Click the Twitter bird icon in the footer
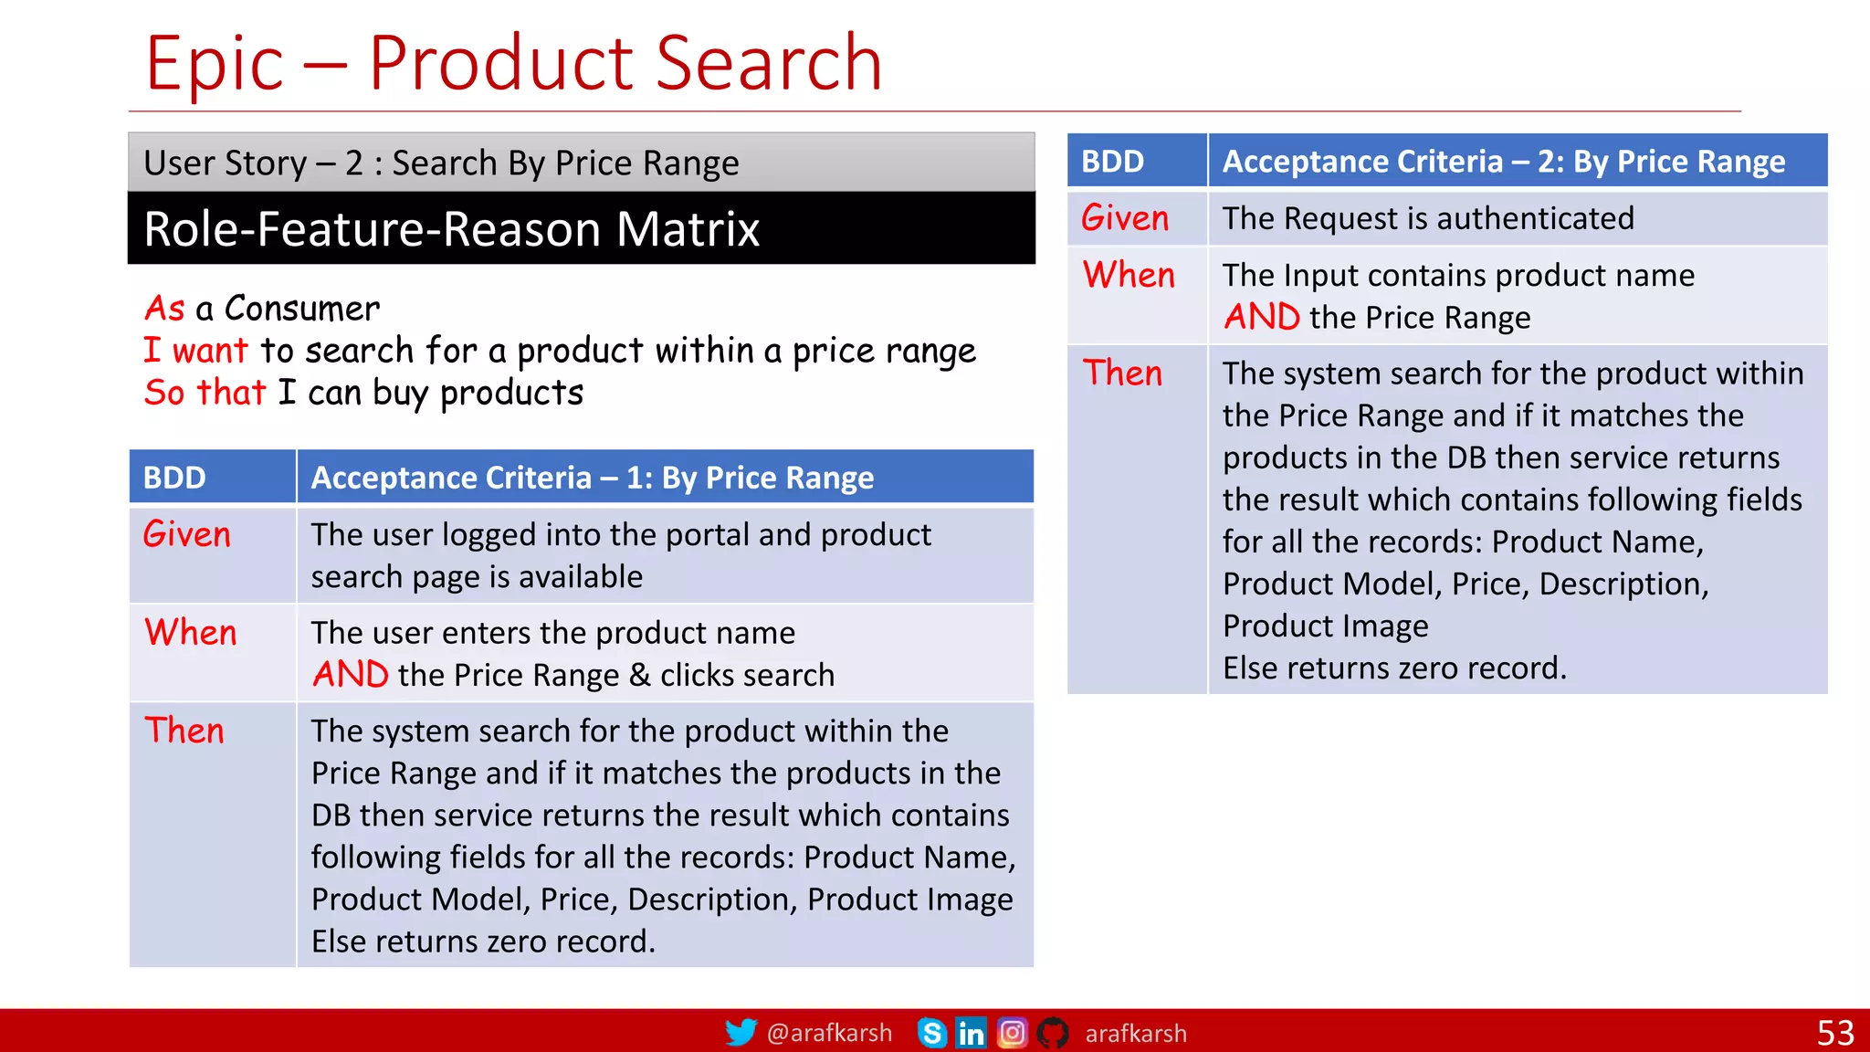point(741,1032)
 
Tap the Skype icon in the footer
point(931,1033)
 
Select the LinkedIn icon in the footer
point(971,1033)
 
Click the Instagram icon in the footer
point(1012,1033)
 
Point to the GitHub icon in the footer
point(1053,1033)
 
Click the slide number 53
point(1835,1033)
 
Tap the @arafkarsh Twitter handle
point(829,1033)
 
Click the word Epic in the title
point(215,64)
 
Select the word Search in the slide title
point(769,64)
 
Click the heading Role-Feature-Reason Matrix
point(452,228)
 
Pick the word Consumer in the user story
point(302,309)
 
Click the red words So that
point(205,393)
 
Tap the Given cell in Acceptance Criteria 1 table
point(187,534)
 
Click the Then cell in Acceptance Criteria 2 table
point(1122,373)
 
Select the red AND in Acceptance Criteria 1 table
point(351,675)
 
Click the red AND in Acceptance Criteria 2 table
point(1262,317)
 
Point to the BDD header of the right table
point(1112,162)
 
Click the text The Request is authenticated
point(1428,218)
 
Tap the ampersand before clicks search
point(640,675)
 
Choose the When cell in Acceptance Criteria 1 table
point(191,632)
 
